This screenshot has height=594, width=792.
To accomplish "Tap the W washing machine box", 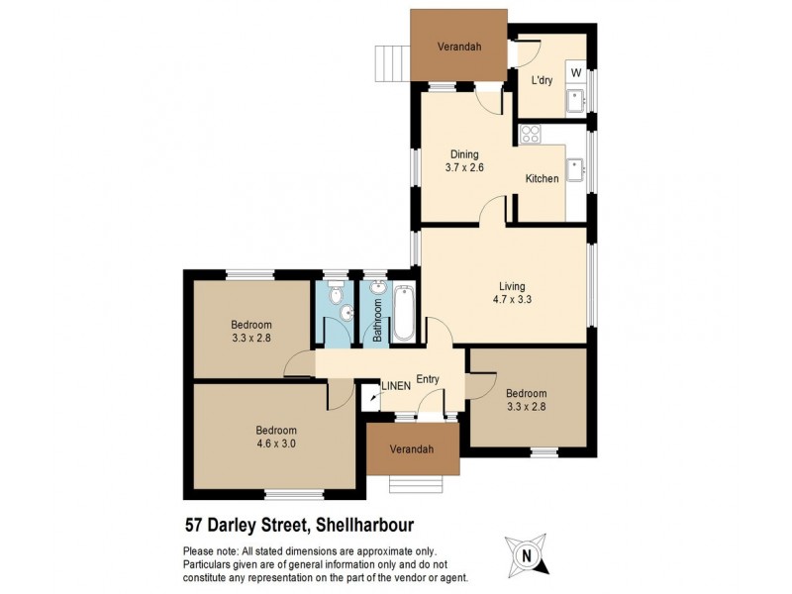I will click(x=575, y=72).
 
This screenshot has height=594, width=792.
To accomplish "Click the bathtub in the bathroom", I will click(x=403, y=313).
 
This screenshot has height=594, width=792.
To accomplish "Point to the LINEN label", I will click(x=398, y=386).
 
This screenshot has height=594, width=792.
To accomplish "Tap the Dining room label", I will click(x=464, y=154).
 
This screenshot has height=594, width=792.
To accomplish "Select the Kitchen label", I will click(x=542, y=179).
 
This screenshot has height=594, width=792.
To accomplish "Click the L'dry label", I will click(x=541, y=81).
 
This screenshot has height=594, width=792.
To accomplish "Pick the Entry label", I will click(x=428, y=379).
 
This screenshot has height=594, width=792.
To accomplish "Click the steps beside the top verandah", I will click(x=392, y=65).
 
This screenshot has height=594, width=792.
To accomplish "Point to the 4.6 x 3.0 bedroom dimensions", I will click(x=276, y=444).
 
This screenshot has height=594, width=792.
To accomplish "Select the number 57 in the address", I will click(x=194, y=526).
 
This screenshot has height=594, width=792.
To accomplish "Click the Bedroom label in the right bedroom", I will click(x=526, y=391).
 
